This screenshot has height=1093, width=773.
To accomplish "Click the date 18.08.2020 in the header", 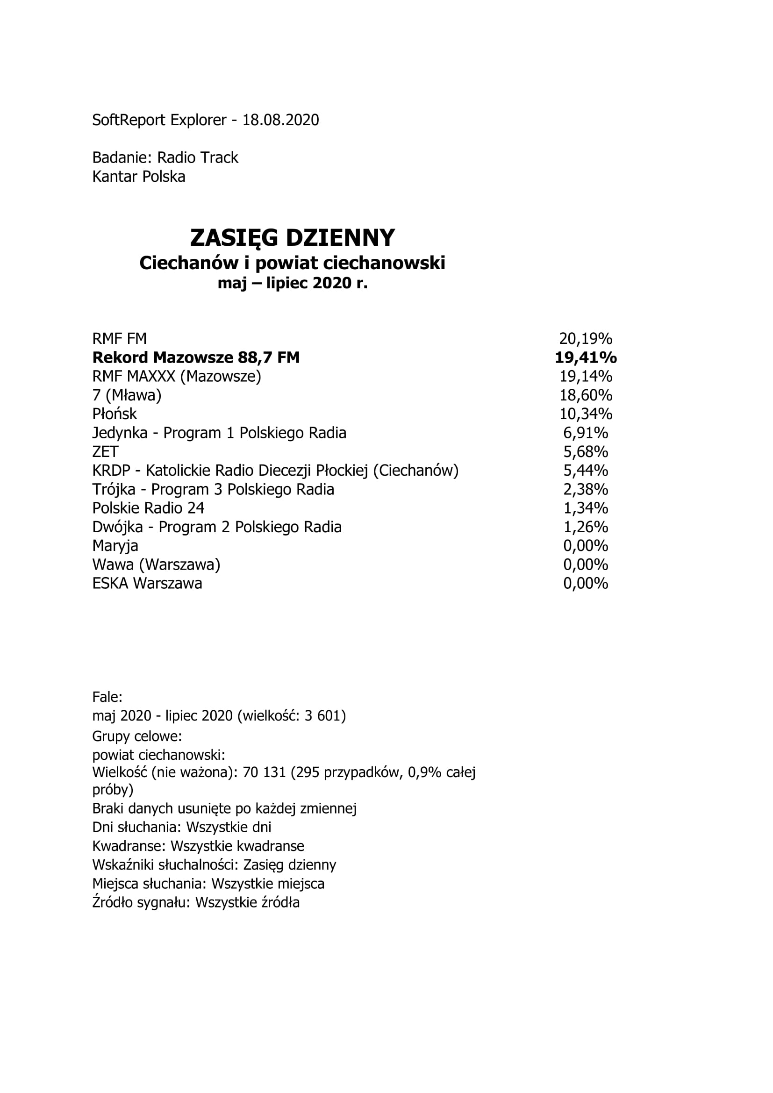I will point(280,120).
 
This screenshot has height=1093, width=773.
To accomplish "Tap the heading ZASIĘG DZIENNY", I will point(292,237).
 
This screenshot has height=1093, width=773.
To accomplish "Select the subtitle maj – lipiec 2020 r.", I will point(292,283).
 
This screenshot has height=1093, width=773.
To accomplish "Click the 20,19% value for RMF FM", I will point(586,339).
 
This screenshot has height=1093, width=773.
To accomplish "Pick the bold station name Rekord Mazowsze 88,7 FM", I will point(196,357).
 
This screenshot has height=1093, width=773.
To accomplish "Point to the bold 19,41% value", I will point(586,357).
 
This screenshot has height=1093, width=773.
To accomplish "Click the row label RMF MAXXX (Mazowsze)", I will point(177,377).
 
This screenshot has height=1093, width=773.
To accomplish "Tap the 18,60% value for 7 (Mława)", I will point(586,395).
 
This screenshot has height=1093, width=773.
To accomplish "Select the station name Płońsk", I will point(115,414).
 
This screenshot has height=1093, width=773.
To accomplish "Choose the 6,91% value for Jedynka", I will point(586,433).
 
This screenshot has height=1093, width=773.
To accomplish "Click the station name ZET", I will point(105,452).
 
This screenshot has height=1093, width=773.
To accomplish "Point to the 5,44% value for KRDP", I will point(586,471).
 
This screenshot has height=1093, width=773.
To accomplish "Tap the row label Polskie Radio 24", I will point(148,508).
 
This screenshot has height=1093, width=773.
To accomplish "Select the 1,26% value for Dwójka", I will point(586,528).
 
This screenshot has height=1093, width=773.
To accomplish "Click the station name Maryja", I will point(115,546).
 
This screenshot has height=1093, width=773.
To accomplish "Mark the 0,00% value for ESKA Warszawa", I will point(586,584).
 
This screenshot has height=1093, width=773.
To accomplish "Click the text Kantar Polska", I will point(138,177).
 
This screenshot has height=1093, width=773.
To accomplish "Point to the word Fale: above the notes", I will point(107,697).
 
